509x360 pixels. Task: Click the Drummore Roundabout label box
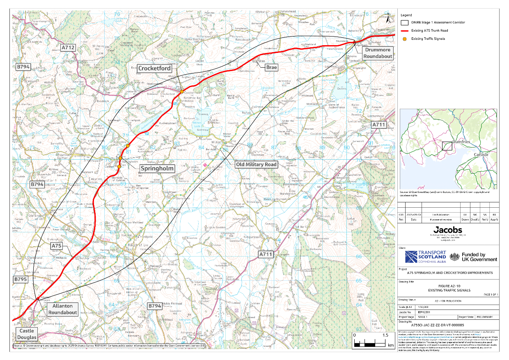point(377,53)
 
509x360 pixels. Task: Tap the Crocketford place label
point(155,68)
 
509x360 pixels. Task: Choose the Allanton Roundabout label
point(62,309)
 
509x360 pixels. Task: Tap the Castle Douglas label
point(27,334)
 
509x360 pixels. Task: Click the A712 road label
point(68,48)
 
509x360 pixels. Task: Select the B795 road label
point(20,280)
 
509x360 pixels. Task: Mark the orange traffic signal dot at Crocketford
point(182,91)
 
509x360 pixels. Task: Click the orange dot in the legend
point(405,39)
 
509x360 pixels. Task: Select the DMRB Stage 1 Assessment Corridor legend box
point(405,23)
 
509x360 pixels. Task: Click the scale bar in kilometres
point(369,340)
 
